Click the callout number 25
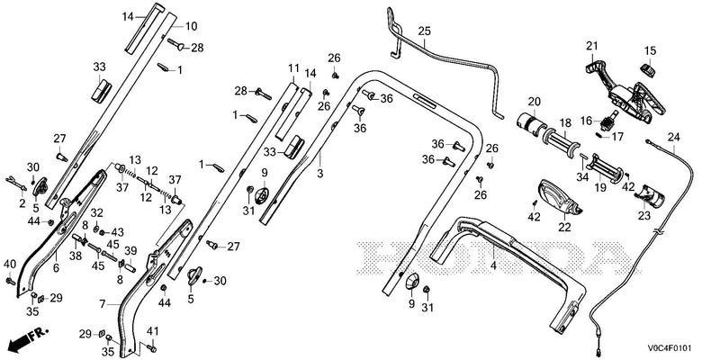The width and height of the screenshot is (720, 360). click(x=424, y=31)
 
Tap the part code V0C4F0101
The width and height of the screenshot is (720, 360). click(x=670, y=348)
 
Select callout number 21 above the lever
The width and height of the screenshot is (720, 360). click(x=592, y=46)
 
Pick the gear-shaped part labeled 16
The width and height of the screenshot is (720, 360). click(x=608, y=122)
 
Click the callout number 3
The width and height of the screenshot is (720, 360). click(x=320, y=174)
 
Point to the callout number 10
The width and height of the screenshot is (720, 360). click(x=191, y=26)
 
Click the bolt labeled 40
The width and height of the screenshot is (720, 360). click(x=10, y=280)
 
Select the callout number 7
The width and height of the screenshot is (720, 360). click(x=103, y=304)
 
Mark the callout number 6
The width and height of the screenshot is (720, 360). click(x=56, y=268)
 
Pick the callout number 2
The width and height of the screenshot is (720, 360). click(x=22, y=203)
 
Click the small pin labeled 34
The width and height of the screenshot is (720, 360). click(x=583, y=156)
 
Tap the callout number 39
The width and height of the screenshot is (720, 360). click(x=130, y=249)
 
